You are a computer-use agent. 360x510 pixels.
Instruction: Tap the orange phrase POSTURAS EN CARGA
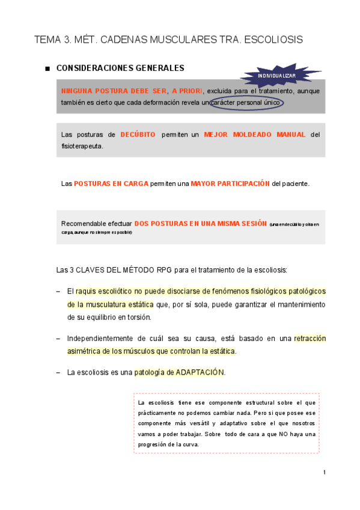point(111,183)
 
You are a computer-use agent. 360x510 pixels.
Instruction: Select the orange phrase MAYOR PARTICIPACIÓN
point(230,183)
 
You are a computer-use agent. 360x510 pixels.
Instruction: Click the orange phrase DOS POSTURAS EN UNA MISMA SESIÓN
point(200,223)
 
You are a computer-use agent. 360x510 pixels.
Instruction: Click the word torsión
point(138,317)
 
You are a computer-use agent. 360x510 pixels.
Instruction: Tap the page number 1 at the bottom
point(325,473)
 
